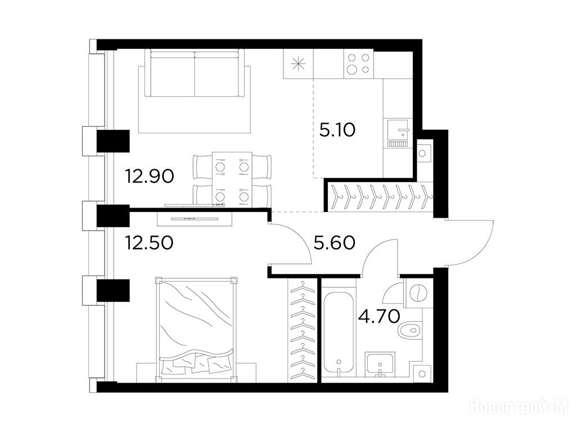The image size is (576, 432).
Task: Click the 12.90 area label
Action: [x=150, y=177]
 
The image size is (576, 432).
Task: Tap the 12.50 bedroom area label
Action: [x=149, y=243]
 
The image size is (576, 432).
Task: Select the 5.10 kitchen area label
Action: [x=337, y=130]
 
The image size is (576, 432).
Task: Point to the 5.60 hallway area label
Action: [x=334, y=243]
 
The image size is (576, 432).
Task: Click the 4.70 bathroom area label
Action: [x=379, y=316]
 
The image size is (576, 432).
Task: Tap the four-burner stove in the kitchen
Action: [x=358, y=64]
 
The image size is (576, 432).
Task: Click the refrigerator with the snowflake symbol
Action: [x=298, y=64]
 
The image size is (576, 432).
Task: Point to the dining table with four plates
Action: [x=232, y=178]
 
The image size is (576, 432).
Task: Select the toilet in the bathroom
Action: [x=410, y=330]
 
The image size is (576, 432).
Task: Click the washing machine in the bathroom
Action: [x=418, y=292]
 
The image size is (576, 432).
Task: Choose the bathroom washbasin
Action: [x=380, y=364]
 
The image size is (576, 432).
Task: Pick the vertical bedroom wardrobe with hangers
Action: [x=303, y=330]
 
